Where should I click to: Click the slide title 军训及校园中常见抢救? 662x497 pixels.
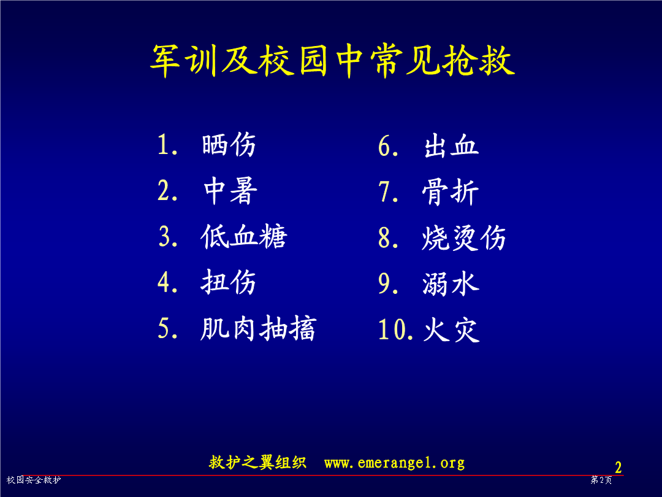[x=332, y=61]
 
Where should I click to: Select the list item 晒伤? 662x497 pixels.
[x=229, y=145]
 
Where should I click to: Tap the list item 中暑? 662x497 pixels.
[x=230, y=191]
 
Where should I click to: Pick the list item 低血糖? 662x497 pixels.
[x=243, y=236]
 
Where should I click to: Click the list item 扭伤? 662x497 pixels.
[x=229, y=282]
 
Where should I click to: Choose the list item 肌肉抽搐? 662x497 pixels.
[x=259, y=328]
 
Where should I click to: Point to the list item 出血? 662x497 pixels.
[x=451, y=146]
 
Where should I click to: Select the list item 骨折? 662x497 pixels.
[x=451, y=191]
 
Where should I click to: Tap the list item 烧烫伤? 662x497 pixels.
[x=463, y=237]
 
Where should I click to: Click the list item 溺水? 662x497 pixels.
[x=451, y=283]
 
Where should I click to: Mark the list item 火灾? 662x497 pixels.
[x=451, y=329]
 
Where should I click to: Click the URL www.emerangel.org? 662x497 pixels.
[x=394, y=463]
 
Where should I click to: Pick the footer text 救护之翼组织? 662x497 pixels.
[x=257, y=463]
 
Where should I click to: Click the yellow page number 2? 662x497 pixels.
[x=618, y=468]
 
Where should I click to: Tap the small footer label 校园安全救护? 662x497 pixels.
[x=34, y=480]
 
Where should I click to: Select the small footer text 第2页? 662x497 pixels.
[x=601, y=480]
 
